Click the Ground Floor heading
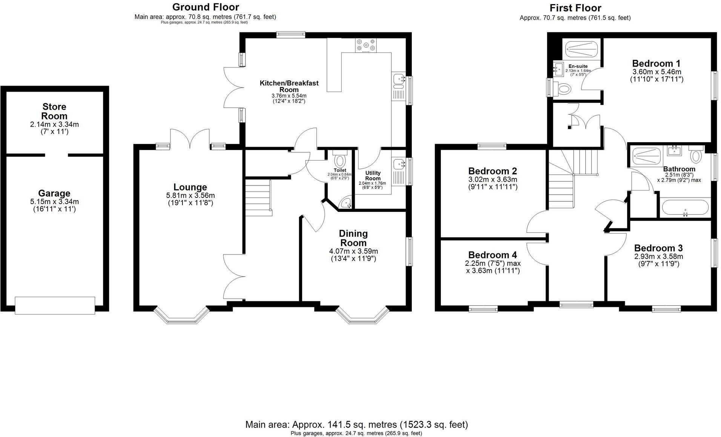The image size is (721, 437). tap(206, 7)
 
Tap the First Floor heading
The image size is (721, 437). tap(575, 8)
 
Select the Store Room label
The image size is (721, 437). tap(54, 111)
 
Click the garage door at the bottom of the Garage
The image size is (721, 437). tap(55, 305)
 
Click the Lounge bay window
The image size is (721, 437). tap(181, 316)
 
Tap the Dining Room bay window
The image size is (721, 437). tap(362, 316)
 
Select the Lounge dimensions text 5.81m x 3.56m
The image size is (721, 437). tap(190, 195)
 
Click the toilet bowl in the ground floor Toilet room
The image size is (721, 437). tap(340, 161)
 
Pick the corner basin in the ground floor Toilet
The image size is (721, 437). tap(346, 203)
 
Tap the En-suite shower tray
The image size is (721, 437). tap(581, 49)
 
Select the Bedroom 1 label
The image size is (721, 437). tap(656, 63)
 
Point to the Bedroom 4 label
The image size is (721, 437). tap(492, 255)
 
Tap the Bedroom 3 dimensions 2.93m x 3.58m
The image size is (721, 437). tap(658, 256)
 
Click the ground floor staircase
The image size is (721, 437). tap(258, 197)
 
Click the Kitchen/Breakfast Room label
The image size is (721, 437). tap(289, 86)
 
